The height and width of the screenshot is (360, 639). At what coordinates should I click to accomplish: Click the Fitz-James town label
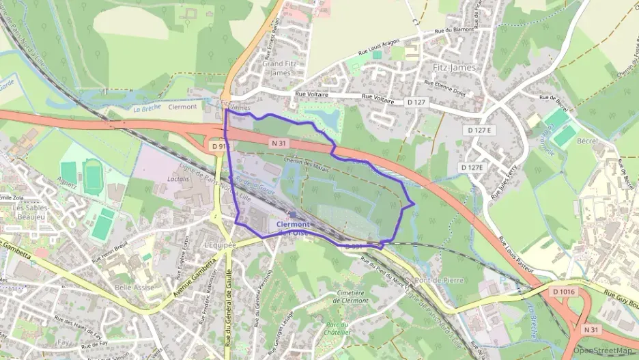(x=454, y=68)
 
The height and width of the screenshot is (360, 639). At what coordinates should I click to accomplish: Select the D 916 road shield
(x=218, y=146)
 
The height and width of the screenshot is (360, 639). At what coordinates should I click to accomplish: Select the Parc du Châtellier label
(x=339, y=329)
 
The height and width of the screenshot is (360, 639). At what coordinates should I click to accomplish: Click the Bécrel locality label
(x=586, y=141)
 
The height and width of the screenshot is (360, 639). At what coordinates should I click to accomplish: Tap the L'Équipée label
(x=220, y=245)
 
